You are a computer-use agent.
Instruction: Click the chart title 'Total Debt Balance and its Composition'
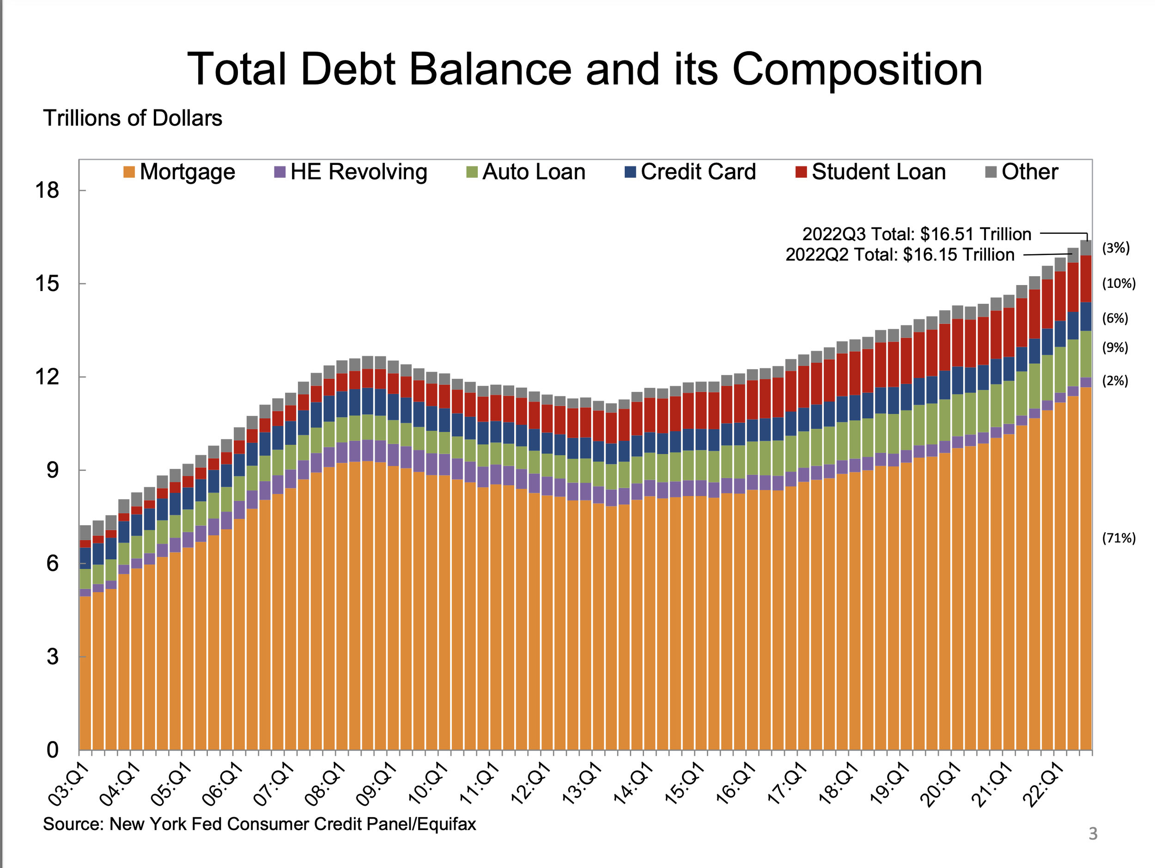[584, 69]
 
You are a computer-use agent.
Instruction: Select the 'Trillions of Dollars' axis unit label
[133, 118]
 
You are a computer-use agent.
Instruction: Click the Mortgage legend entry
[179, 172]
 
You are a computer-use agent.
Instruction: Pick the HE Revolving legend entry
[350, 172]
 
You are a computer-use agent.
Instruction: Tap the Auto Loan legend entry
[526, 172]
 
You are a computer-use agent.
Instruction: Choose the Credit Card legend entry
[690, 172]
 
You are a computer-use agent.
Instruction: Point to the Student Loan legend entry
[870, 172]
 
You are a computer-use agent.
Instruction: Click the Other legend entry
[1021, 172]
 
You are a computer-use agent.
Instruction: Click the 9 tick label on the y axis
[52, 470]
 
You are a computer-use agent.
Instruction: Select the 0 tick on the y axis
[52, 750]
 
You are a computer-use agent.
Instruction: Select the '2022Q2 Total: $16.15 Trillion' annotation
[900, 254]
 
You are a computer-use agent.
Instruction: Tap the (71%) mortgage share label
[1119, 538]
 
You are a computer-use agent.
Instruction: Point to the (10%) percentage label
[1119, 284]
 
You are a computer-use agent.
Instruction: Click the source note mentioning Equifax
[260, 824]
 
